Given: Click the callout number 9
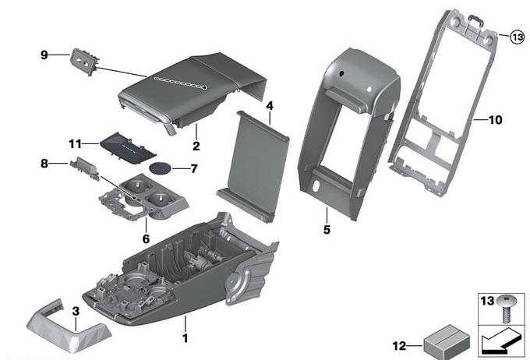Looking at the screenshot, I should tap(44, 55).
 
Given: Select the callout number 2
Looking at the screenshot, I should tap(196, 146).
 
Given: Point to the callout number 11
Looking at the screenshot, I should tap(75, 144).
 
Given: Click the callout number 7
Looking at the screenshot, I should tap(194, 168).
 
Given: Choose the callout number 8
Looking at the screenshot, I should tap(44, 164).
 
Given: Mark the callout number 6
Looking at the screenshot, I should tap(145, 239).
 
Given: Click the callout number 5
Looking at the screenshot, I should tap(327, 230).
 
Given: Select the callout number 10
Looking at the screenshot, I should tap(496, 120).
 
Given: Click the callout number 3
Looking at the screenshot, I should tap(76, 312).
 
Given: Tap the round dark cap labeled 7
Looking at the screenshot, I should tap(161, 168).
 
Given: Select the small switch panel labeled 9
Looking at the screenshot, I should tap(83, 59).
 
